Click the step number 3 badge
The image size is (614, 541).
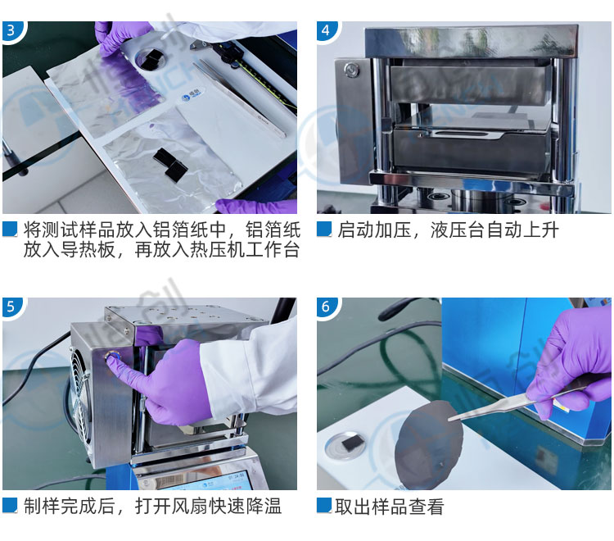point(11,30)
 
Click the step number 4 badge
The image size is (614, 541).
point(325,30)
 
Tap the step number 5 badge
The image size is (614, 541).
point(11,307)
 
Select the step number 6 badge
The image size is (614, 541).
point(325,307)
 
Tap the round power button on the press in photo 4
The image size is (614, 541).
point(351,70)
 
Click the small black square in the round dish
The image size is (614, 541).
point(350,443)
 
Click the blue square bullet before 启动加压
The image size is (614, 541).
point(324,230)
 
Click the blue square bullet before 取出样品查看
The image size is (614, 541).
point(324,506)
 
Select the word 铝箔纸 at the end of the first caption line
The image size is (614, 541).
point(273,230)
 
